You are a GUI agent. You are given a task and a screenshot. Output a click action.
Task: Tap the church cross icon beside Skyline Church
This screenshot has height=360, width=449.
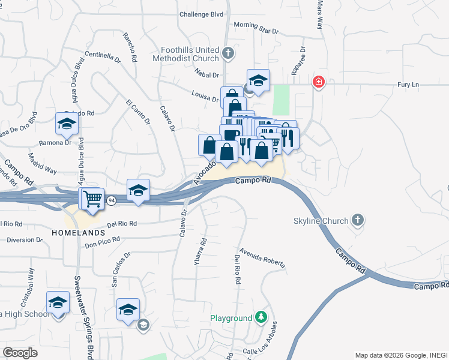[x=358, y=220]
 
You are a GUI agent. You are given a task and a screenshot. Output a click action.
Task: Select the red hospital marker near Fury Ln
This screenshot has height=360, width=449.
[x=318, y=82]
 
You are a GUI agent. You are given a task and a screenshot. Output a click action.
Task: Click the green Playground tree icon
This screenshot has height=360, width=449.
[x=260, y=317]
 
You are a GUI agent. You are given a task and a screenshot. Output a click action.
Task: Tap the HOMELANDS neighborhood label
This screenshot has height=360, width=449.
[x=78, y=232]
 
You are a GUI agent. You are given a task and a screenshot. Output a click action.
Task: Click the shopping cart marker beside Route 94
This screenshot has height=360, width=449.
[x=92, y=198]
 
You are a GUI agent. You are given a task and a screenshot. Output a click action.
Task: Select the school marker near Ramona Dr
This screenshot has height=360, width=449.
[x=67, y=124]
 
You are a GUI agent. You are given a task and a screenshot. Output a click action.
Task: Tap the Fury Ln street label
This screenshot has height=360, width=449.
[x=408, y=85]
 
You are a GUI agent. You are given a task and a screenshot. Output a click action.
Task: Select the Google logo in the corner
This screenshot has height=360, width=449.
[x=20, y=353]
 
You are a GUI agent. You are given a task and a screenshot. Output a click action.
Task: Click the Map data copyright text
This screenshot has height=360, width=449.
[x=401, y=355]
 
